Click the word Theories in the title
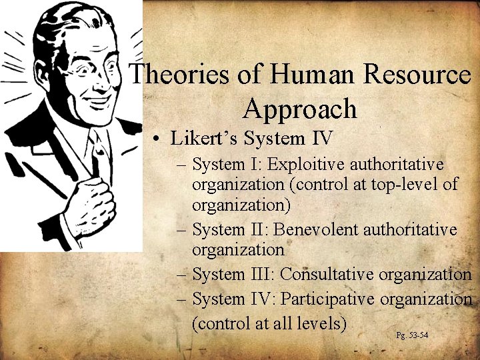(175, 75)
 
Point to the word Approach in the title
(300, 108)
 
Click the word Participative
(329, 299)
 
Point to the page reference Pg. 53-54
(412, 334)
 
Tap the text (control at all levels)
(269, 324)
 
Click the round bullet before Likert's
(154, 139)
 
